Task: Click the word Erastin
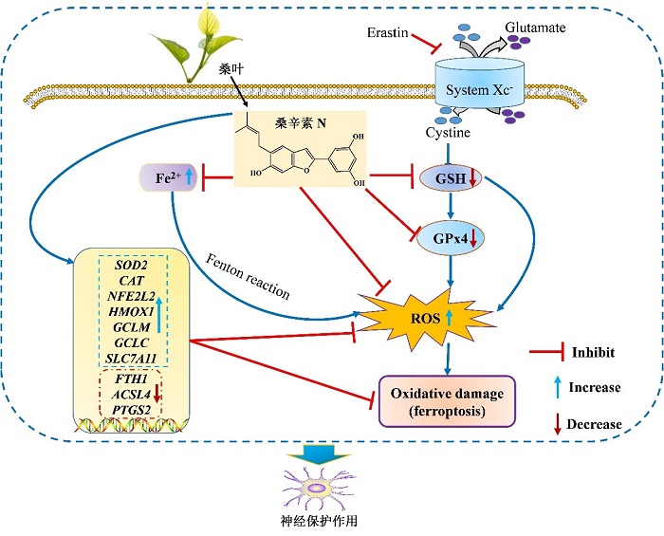click(386, 33)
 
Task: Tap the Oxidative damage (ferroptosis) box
click(447, 401)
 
